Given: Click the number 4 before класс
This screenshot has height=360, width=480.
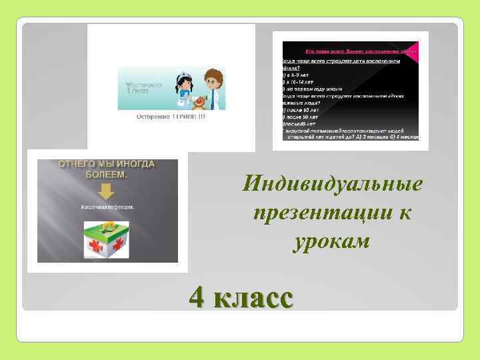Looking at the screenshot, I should pyautogui.click(x=197, y=297).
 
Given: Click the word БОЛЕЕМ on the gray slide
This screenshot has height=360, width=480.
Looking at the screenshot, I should pyautogui.click(x=106, y=175).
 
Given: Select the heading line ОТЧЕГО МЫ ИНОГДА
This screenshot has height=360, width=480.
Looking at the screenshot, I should pyautogui.click(x=106, y=164).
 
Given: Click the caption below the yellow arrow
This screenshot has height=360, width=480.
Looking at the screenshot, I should pyautogui.click(x=107, y=207).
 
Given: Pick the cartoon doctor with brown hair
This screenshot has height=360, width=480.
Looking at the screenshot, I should pyautogui.click(x=213, y=85).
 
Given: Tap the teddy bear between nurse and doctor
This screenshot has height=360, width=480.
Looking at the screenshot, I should pyautogui.click(x=198, y=100).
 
